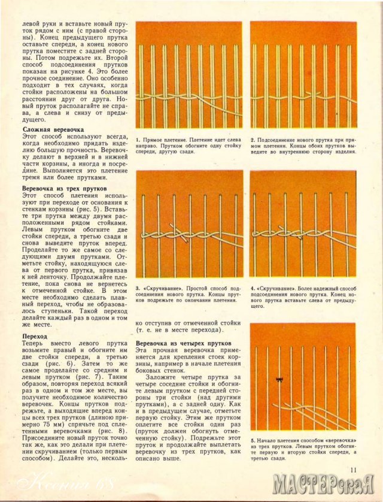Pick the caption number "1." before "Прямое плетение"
(139, 140)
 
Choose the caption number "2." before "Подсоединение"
(253, 140)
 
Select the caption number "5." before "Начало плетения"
(253, 441)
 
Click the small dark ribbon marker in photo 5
(278, 379)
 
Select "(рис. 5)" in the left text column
(90, 211)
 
